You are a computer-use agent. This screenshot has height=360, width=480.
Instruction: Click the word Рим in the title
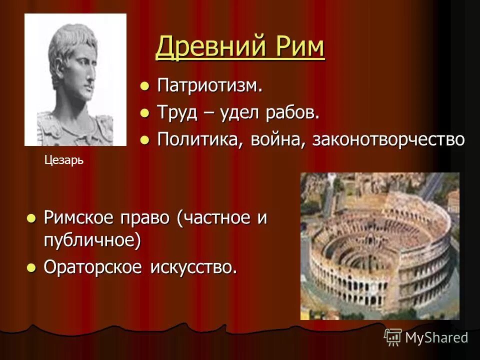pyautogui.click(x=299, y=48)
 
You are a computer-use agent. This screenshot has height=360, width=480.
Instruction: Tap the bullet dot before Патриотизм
pyautogui.click(x=144, y=86)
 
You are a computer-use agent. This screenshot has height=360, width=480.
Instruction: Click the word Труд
pyautogui.click(x=175, y=112)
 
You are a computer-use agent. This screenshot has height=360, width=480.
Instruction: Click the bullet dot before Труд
pyautogui.click(x=144, y=113)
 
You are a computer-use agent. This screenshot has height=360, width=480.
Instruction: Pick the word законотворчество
pyautogui.click(x=388, y=139)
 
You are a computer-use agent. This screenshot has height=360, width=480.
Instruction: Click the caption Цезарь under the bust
pyautogui.click(x=63, y=160)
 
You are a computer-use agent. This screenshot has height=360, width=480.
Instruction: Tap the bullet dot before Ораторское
pyautogui.click(x=31, y=267)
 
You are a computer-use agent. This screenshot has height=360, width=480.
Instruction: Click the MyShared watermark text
pyautogui.click(x=436, y=337)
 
